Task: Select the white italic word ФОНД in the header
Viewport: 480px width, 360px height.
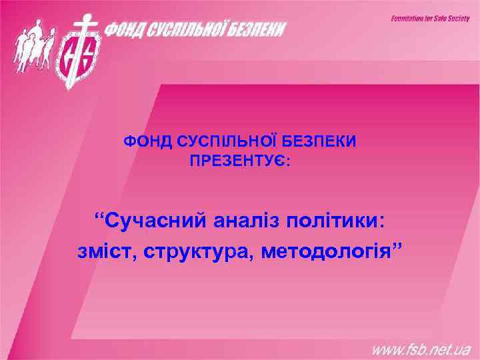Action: pyautogui.click(x=126, y=31)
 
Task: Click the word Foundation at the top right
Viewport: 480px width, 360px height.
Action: pyautogui.click(x=408, y=18)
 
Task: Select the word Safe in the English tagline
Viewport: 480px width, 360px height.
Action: pyautogui.click(x=438, y=18)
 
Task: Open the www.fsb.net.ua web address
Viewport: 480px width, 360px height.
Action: pyautogui.click(x=421, y=348)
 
